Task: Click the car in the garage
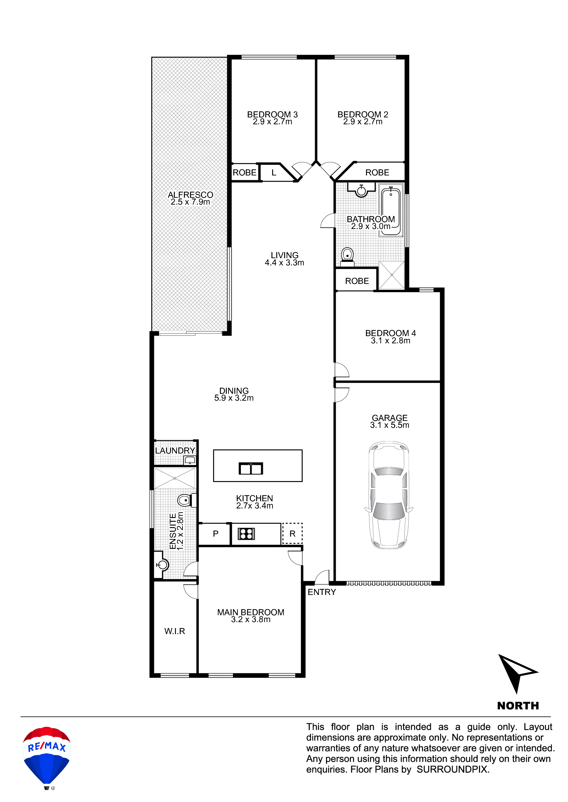coord(389,495)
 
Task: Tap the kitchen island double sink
coord(250,468)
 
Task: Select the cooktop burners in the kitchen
coord(246,534)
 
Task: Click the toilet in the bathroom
coord(347,255)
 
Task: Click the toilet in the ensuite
coord(184,500)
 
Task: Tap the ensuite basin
coord(162,564)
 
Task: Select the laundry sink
coord(190,460)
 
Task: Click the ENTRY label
coord(321,592)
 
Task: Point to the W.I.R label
coord(175,631)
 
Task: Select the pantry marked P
coord(215,534)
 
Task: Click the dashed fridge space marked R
coord(292,534)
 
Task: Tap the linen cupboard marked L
coord(274,172)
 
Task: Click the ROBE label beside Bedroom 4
coord(357,281)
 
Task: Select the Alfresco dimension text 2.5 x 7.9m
coord(190,202)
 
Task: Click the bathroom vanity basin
coord(361,191)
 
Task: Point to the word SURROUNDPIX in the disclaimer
coord(452,769)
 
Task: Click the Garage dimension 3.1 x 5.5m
coord(389,425)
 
